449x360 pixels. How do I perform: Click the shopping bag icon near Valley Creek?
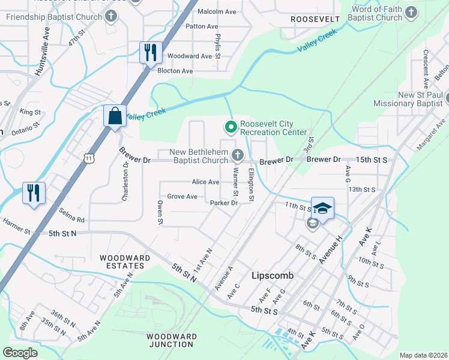[115, 115]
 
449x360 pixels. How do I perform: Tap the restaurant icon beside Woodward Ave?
[150, 52]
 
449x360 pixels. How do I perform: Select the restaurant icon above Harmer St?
[33, 193]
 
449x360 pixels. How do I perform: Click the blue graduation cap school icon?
[322, 208]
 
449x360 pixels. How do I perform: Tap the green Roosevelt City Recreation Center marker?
[229, 127]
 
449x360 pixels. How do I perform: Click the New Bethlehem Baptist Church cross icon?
[238, 156]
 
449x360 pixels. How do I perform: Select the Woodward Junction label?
[170, 340]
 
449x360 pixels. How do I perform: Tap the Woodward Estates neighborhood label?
[125, 262]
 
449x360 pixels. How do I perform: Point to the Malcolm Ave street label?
[217, 11]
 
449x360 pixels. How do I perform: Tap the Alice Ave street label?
[205, 182]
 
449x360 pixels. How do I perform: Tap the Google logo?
[20, 353]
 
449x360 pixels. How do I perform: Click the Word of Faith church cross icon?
[411, 12]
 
